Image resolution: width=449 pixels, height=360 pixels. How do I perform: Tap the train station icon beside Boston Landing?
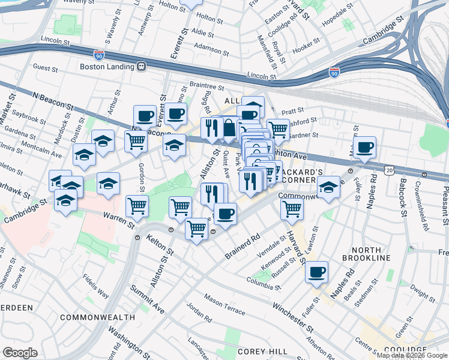click(x=142, y=67)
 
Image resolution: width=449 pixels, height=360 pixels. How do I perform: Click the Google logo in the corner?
click(x=20, y=353)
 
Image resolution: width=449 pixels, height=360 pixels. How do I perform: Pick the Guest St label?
click(x=46, y=68)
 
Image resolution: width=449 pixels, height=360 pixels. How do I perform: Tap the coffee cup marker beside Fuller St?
click(x=316, y=272)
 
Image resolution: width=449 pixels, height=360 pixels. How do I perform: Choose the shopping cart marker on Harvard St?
click(x=292, y=209)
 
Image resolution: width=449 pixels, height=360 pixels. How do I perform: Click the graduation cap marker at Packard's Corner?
click(x=328, y=187)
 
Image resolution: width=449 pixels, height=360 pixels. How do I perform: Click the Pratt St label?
click(x=293, y=111)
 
